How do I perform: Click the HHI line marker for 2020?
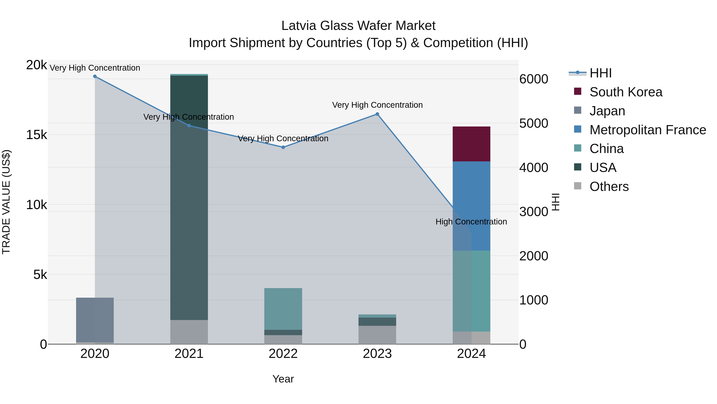(95, 76)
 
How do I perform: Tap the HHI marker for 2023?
(377, 114)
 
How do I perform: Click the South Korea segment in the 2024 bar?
(471, 144)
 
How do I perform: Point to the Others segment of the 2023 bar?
(377, 335)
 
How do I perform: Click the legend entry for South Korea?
(626, 92)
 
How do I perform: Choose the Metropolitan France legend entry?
(647, 130)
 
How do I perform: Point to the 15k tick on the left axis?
(37, 135)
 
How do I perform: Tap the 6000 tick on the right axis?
(534, 79)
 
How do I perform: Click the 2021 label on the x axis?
(189, 354)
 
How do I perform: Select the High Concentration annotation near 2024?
(471, 222)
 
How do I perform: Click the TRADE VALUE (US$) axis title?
(6, 202)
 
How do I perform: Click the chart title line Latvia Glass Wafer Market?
(358, 26)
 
